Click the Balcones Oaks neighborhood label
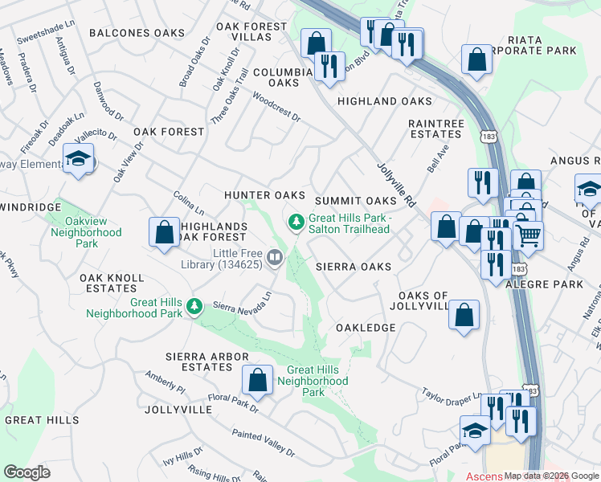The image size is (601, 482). [x=137, y=33]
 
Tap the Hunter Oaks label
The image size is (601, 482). [x=264, y=195]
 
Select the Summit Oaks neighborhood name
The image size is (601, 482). [x=356, y=200]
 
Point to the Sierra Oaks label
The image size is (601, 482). [x=353, y=266]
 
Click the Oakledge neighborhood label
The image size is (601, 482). [x=366, y=328]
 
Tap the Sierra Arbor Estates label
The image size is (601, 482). [x=198, y=361]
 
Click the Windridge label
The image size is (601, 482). [x=31, y=207]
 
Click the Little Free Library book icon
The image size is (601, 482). [x=275, y=257]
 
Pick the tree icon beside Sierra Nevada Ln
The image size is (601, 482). [x=194, y=306]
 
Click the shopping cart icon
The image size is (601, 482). [x=529, y=235]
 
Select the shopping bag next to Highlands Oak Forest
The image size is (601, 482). [x=164, y=232]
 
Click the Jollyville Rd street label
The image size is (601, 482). [x=395, y=185]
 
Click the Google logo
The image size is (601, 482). [x=27, y=472]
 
